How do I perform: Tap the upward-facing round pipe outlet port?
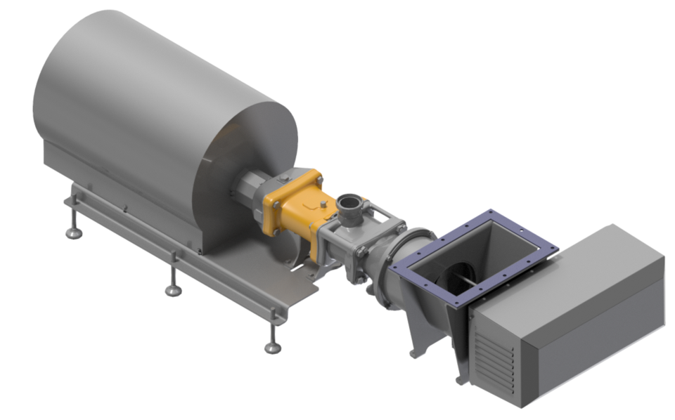348,204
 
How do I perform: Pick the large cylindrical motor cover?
141,98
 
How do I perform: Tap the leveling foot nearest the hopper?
273,346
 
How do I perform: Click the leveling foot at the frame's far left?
73,232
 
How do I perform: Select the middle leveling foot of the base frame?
173,289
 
